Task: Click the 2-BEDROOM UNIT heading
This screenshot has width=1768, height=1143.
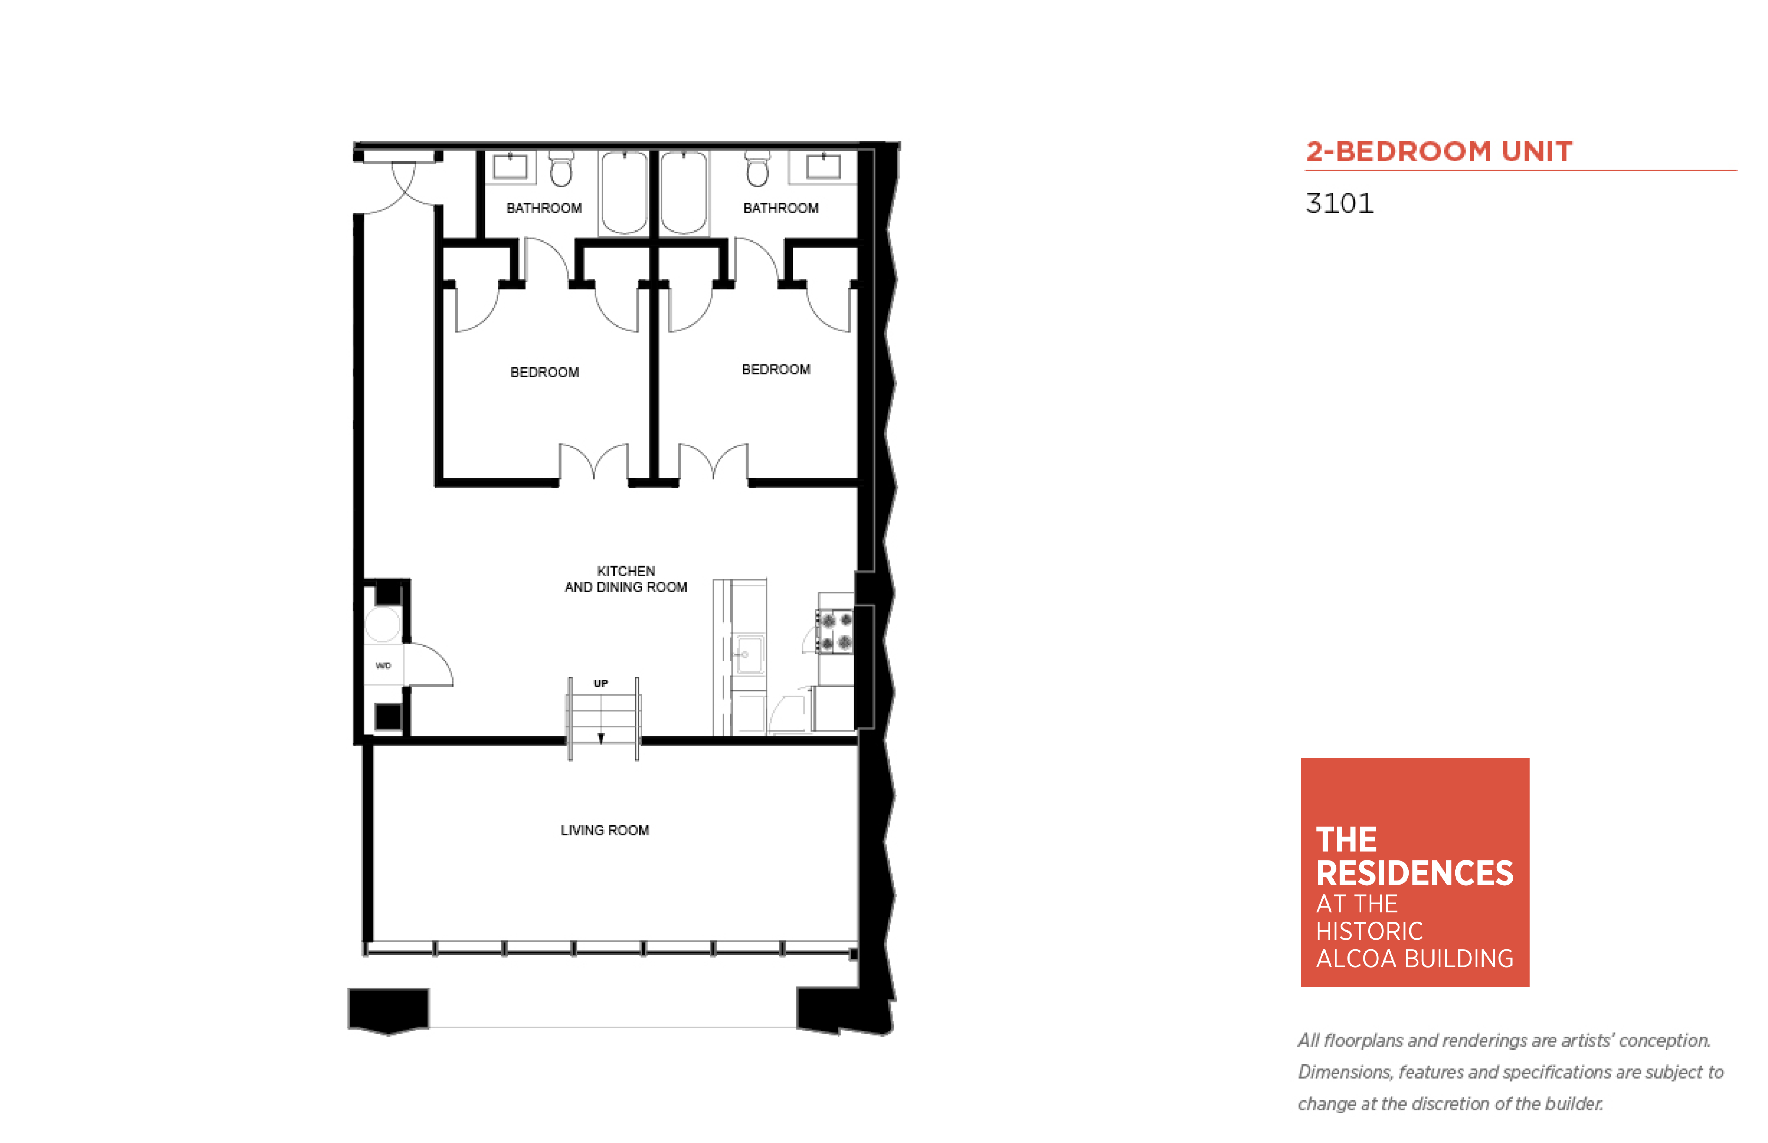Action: (x=1438, y=151)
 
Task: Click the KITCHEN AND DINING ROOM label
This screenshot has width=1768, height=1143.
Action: (x=626, y=579)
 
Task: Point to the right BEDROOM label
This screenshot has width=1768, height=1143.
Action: (x=776, y=369)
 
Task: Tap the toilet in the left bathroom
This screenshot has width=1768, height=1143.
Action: (x=561, y=169)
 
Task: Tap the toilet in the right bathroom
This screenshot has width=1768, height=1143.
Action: (x=757, y=169)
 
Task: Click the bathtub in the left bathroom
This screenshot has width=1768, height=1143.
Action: (x=624, y=193)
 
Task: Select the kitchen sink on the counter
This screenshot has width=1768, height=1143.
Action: (x=749, y=654)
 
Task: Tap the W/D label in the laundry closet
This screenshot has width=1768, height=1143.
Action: (x=383, y=665)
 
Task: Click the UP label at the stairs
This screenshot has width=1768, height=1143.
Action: (x=601, y=683)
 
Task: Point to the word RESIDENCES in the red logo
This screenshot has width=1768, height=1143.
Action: (x=1414, y=873)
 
